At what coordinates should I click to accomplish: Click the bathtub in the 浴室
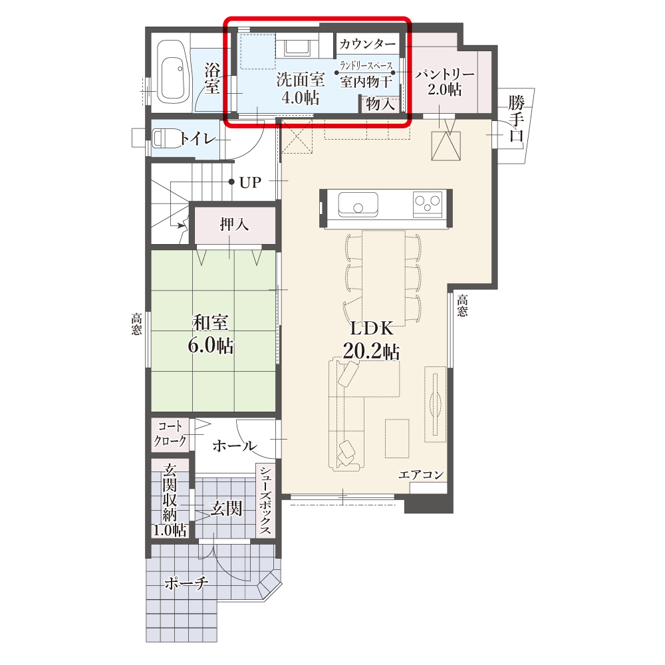173,71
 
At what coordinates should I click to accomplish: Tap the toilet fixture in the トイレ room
164,138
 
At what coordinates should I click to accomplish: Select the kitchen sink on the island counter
358,204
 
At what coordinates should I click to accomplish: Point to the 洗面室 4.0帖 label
301,88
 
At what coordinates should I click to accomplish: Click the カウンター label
367,43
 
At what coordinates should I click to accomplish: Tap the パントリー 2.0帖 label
444,82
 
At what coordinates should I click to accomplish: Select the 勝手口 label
516,118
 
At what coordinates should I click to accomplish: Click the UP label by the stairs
250,182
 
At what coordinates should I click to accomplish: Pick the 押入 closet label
234,224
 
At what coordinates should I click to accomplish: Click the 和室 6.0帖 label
211,334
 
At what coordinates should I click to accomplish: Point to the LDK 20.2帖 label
371,340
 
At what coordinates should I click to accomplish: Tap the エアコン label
421,475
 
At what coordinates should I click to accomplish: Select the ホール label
235,446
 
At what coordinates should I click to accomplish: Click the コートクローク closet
170,435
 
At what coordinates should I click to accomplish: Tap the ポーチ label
186,583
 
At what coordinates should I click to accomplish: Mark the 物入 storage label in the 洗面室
381,103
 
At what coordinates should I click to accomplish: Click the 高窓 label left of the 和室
136,324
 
